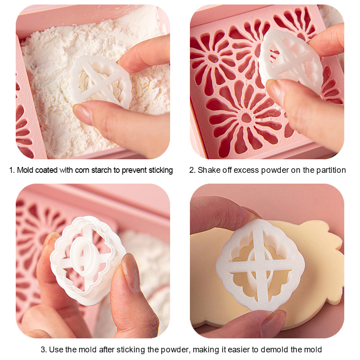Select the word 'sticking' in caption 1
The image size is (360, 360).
(x=161, y=170)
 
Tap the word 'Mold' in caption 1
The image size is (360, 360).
(x=26, y=170)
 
